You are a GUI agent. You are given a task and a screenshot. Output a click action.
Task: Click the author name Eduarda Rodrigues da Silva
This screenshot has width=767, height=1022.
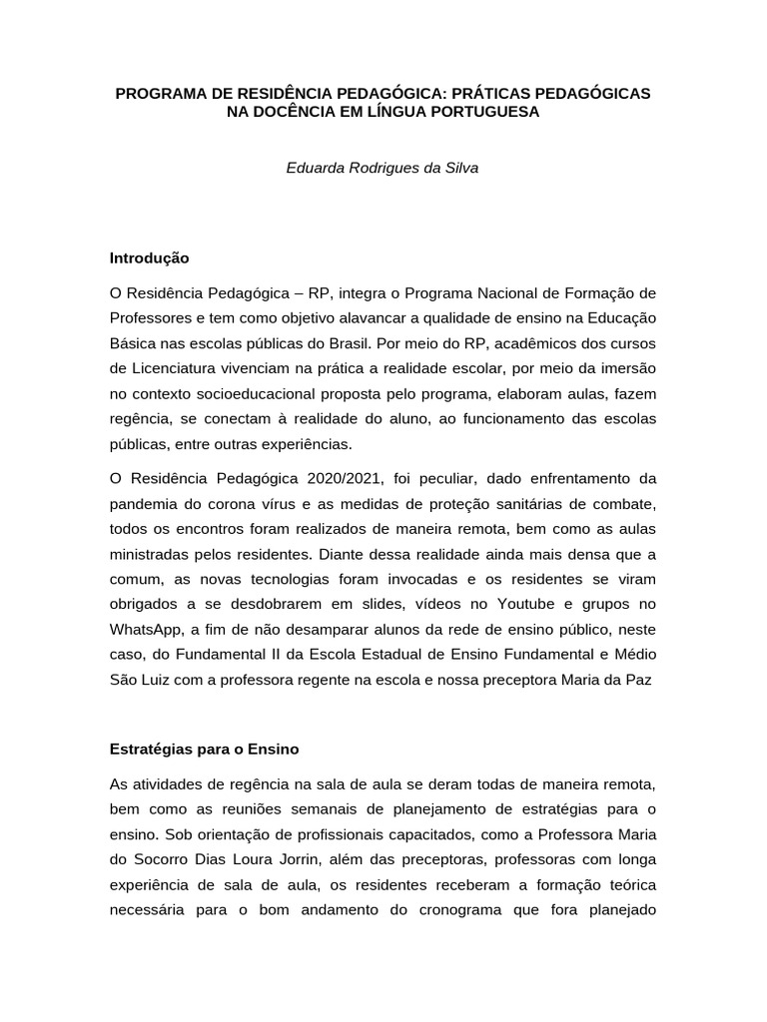[x=383, y=168]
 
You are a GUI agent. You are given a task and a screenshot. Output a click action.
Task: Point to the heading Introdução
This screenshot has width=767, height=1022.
[x=150, y=257]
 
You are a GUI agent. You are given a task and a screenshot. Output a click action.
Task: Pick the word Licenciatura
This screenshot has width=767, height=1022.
[x=176, y=365]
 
